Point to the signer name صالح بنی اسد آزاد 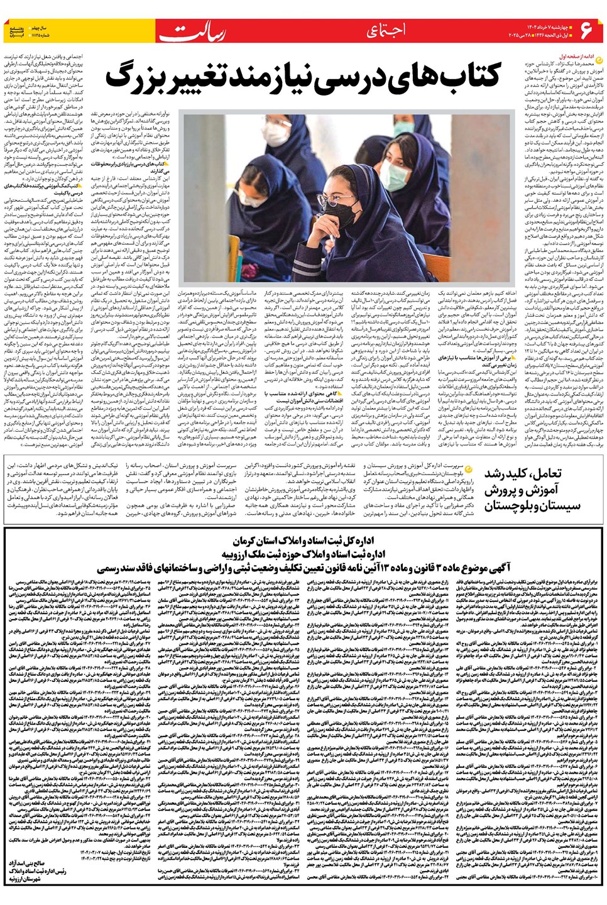26,864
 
